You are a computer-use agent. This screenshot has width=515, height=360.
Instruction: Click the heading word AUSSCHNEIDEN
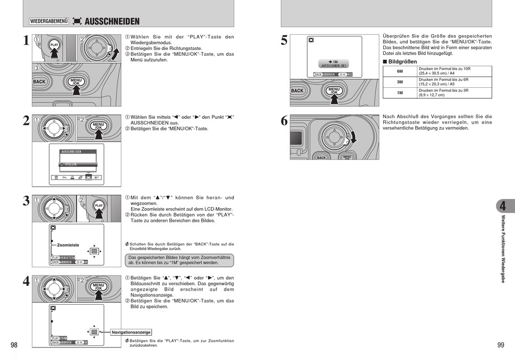click(x=112, y=21)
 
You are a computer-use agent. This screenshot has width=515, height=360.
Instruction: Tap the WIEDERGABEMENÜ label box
click(x=49, y=21)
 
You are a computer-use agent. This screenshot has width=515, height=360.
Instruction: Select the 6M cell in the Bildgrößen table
click(x=400, y=71)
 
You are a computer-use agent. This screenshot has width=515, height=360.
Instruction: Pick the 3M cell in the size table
click(x=400, y=82)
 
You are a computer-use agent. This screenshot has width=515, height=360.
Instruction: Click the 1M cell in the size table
click(x=400, y=92)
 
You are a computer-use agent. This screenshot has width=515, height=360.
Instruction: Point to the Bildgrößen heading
click(x=402, y=61)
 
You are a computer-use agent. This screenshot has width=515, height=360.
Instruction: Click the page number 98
click(x=14, y=345)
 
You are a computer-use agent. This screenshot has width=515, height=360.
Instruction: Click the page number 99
click(x=500, y=345)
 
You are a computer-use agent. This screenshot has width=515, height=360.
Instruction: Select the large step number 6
click(x=284, y=121)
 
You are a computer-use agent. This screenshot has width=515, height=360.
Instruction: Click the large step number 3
click(x=26, y=202)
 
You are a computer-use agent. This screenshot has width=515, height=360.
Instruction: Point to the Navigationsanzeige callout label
click(x=131, y=332)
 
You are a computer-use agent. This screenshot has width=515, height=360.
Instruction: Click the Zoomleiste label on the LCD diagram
click(x=68, y=245)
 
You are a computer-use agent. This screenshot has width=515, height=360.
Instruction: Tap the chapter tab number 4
click(x=503, y=206)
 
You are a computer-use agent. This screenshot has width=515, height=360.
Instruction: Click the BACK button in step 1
click(x=40, y=82)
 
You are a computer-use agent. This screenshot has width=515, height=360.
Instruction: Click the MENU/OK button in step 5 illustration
click(x=334, y=91)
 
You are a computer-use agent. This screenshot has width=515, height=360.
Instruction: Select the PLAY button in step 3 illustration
click(x=99, y=206)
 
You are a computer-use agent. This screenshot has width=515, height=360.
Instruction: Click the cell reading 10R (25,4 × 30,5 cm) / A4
click(x=454, y=71)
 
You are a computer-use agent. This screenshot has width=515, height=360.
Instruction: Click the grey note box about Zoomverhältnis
click(x=179, y=260)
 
